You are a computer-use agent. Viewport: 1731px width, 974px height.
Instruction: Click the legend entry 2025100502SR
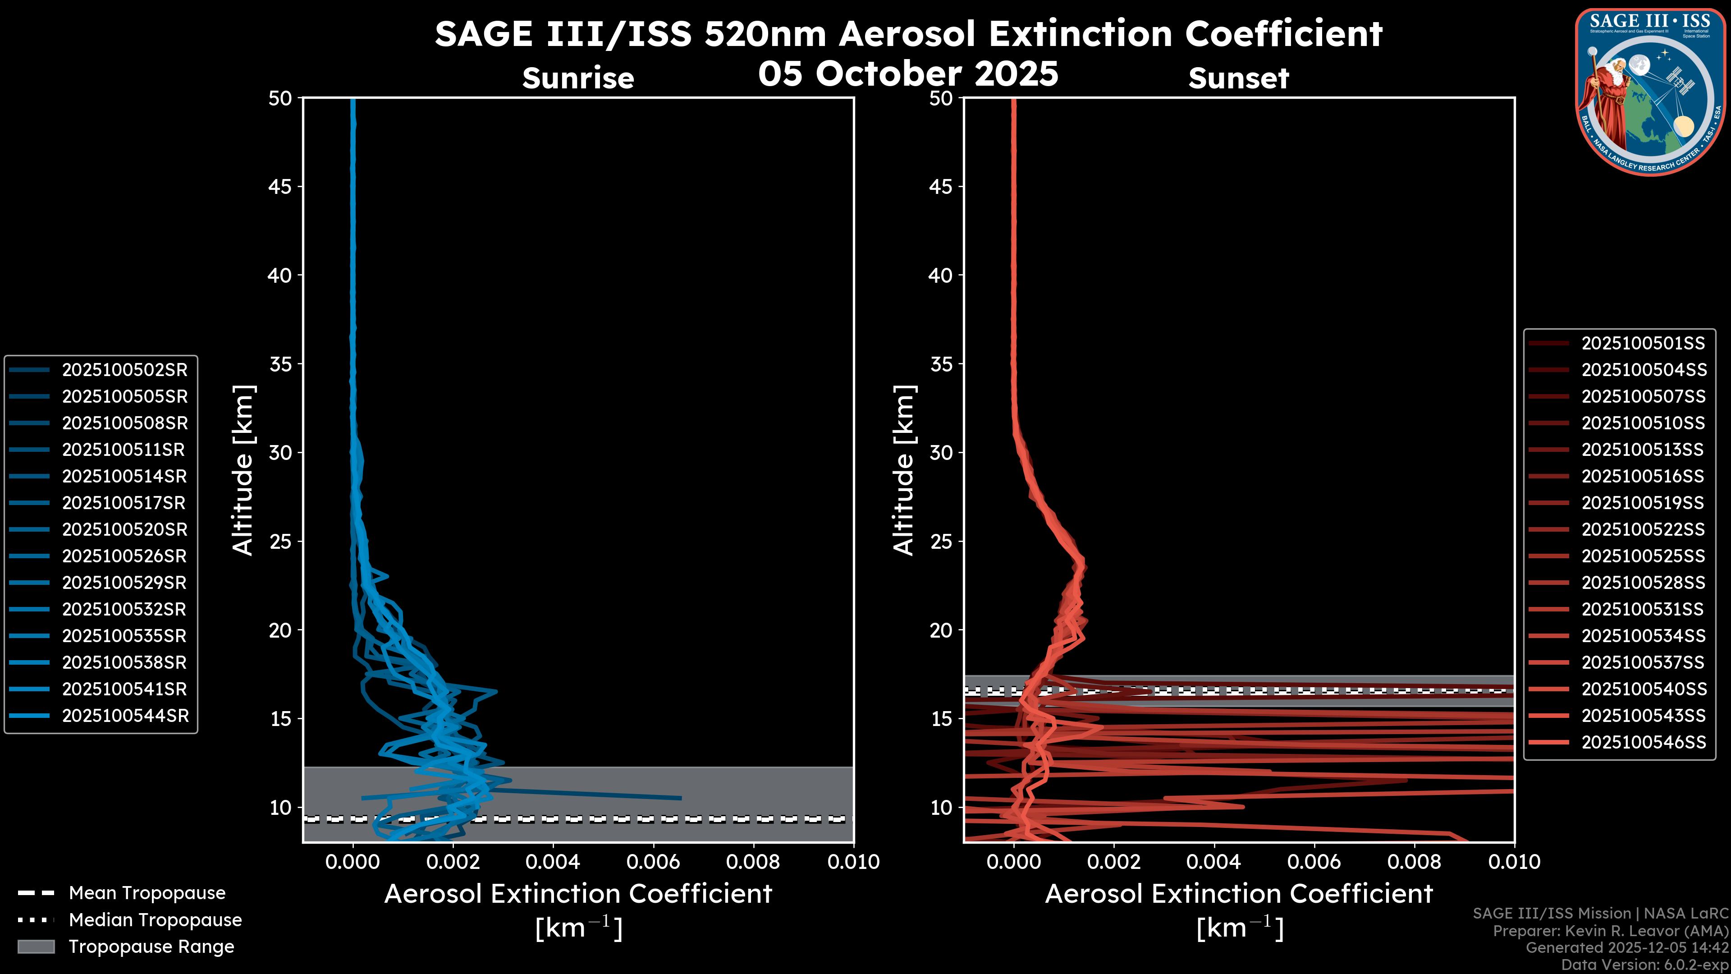coord(124,370)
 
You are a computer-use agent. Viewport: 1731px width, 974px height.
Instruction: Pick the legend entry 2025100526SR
coord(124,556)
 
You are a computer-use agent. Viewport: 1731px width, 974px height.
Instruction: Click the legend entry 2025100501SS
coord(1643,344)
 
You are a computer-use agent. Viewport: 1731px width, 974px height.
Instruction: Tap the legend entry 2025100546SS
coord(1643,742)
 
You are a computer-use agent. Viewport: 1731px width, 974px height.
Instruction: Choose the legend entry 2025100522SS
coord(1643,530)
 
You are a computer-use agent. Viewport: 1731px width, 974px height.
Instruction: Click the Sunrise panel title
coord(578,78)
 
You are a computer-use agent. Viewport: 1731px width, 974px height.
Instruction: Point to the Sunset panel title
coord(1238,78)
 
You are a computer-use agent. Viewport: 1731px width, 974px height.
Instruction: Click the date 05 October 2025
coord(908,73)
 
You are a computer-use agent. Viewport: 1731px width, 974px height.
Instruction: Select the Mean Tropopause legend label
coord(147,893)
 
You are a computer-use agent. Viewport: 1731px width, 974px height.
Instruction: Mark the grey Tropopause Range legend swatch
coord(36,946)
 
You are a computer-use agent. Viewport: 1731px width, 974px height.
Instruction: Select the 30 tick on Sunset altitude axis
coord(941,452)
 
